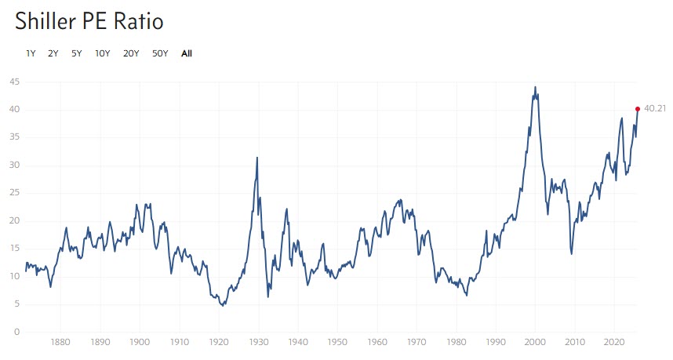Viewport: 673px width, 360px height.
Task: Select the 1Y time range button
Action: click(31, 53)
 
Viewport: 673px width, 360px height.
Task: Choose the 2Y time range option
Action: click(53, 53)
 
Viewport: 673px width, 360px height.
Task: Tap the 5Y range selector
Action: click(76, 53)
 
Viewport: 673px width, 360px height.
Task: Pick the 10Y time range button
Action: click(102, 53)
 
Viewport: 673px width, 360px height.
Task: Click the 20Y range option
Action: click(131, 53)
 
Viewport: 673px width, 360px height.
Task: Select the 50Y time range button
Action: click(159, 53)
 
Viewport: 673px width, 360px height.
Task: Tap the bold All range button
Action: click(186, 53)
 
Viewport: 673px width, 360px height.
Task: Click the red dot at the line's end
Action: click(638, 109)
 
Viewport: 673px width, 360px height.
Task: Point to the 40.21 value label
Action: click(654, 109)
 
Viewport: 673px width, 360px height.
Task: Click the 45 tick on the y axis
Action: click(15, 82)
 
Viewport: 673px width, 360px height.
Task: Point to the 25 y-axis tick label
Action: click(15, 193)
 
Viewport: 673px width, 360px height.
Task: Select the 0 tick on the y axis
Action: click(17, 332)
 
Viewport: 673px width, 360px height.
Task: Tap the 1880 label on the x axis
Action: click(60, 343)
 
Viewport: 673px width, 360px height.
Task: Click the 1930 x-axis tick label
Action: click(258, 343)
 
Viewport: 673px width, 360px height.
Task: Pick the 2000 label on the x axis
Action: click(535, 343)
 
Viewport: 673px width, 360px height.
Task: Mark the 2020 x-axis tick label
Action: click(614, 343)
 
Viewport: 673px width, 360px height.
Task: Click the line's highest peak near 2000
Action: click(535, 87)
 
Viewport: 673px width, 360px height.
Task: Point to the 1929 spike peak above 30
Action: click(256, 158)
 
